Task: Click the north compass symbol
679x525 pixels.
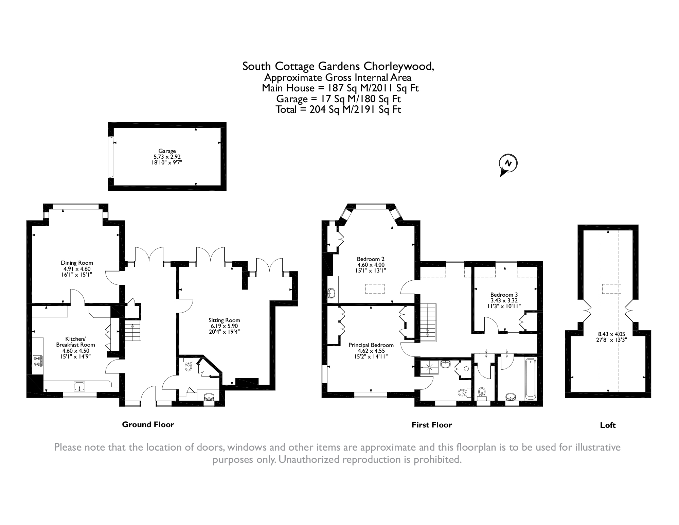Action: (x=508, y=164)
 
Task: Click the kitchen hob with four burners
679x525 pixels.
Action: (x=38, y=361)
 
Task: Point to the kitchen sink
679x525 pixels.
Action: (x=79, y=386)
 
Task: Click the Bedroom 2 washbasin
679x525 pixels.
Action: (x=332, y=293)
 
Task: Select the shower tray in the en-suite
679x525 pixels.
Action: (x=429, y=367)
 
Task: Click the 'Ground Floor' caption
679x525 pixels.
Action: (x=148, y=424)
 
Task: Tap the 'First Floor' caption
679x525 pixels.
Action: (x=432, y=425)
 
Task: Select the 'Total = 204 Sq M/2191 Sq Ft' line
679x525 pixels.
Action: (x=338, y=110)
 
